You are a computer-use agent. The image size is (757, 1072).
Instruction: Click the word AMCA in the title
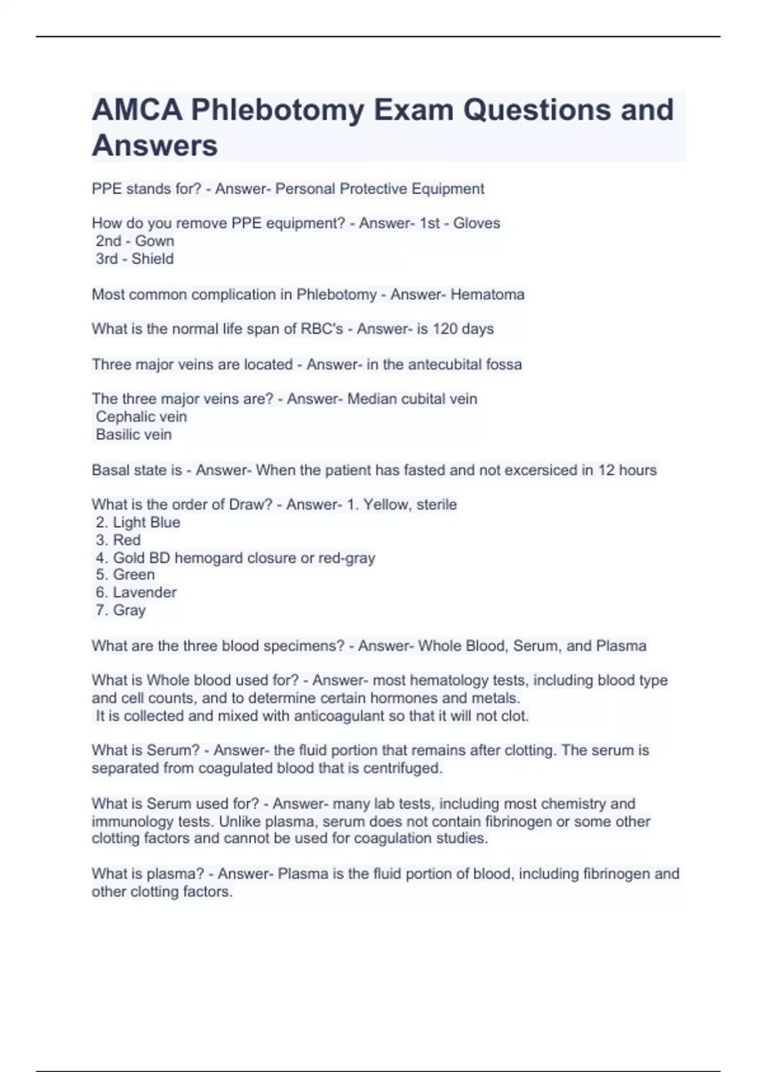tap(137, 110)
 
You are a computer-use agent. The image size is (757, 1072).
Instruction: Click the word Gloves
tap(476, 223)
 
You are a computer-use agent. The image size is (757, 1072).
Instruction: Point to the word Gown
tap(155, 241)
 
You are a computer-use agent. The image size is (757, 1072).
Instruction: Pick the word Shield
tap(153, 259)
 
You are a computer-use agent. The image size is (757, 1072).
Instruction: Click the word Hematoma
tap(487, 294)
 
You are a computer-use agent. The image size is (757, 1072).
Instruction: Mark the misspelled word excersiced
tap(537, 470)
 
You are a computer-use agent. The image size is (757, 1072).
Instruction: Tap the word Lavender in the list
tap(144, 593)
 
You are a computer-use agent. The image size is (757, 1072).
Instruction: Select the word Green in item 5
tap(134, 575)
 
